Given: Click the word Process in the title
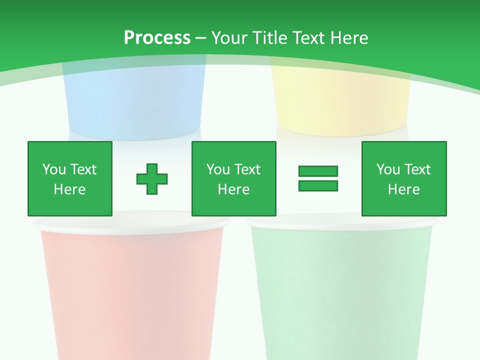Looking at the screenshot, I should pyautogui.click(x=157, y=37).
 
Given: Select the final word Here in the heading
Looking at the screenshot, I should pyautogui.click(x=349, y=37).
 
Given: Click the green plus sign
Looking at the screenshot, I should pyautogui.click(x=152, y=178).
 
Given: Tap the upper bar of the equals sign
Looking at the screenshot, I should pyautogui.click(x=318, y=171).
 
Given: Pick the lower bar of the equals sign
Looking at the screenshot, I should pyautogui.click(x=318, y=185).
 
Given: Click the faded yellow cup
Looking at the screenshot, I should pyautogui.click(x=340, y=105).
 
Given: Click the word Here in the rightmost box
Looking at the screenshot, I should pyautogui.click(x=404, y=189).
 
